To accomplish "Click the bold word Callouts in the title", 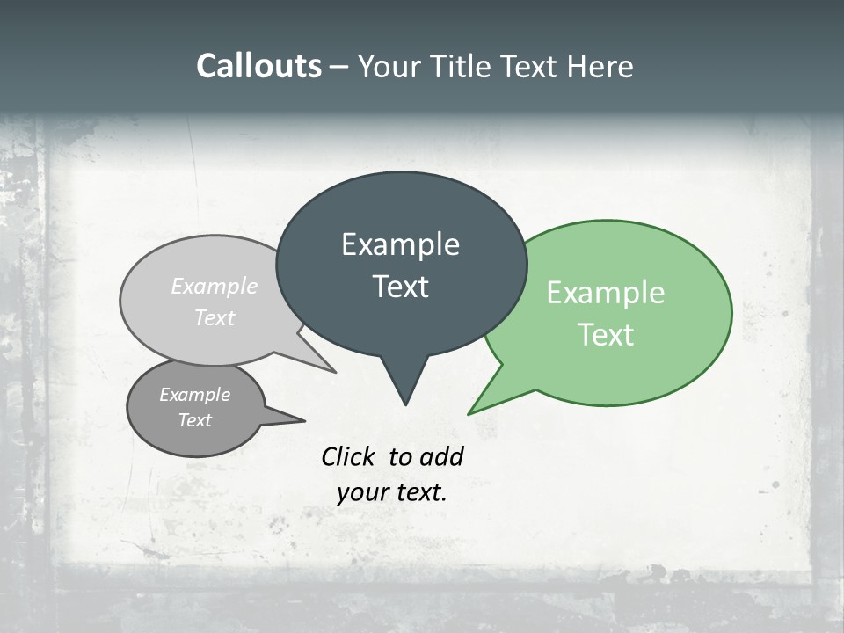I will click(258, 66).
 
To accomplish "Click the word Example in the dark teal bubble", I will click(400, 244).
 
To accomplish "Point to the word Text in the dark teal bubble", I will click(400, 287).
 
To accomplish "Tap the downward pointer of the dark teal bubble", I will click(404, 387).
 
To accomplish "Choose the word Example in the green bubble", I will click(606, 293).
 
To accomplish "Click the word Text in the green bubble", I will click(606, 335).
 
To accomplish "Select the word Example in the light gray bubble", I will click(215, 287).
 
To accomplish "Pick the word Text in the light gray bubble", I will click(215, 317).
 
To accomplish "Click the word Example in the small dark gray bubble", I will click(194, 395).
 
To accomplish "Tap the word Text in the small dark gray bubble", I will click(194, 420).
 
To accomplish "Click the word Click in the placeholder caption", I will click(349, 456).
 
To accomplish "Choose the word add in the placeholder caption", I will click(440, 456).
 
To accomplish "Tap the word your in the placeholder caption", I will click(360, 492).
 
